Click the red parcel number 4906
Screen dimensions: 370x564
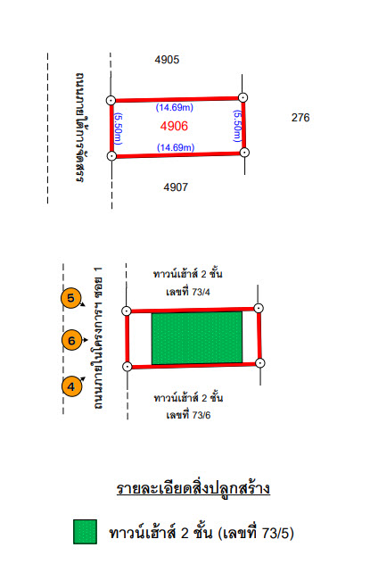point(174,126)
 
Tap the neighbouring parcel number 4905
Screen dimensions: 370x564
point(167,60)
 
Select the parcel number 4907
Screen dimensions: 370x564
point(176,187)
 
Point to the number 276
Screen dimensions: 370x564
point(300,118)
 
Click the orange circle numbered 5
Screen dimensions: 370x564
point(71,298)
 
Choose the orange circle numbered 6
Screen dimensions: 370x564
point(72,340)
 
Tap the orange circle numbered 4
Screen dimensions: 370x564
point(71,386)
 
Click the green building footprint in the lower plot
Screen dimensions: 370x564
point(197,338)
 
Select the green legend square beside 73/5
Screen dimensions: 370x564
point(85,532)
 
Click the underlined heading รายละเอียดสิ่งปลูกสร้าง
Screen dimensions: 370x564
point(193,488)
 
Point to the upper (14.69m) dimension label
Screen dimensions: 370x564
point(175,108)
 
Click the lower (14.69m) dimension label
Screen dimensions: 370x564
point(176,147)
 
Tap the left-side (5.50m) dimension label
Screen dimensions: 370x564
point(119,129)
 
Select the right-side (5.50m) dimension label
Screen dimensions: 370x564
point(237,126)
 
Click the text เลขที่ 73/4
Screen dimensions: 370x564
point(188,292)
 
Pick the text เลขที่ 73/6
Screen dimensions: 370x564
point(188,415)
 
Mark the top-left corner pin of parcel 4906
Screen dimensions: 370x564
point(111,100)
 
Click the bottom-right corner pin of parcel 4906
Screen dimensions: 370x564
point(244,153)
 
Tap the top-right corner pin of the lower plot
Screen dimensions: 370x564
point(259,308)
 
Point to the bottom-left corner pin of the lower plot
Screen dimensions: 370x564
point(127,367)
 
